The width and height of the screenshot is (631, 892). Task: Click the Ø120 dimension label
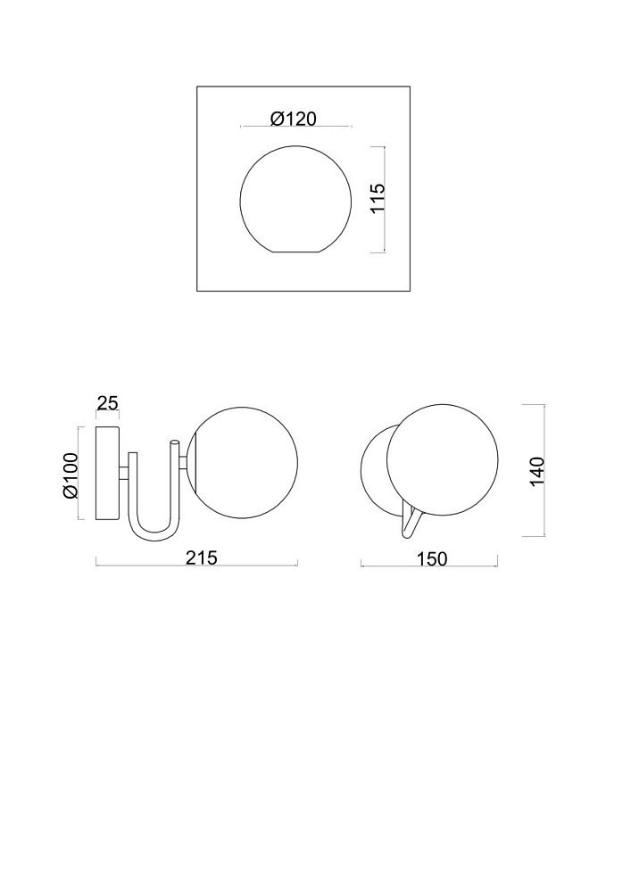click(x=293, y=119)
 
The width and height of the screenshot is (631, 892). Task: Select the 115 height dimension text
click(x=378, y=198)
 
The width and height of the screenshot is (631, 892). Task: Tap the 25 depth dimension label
click(x=107, y=403)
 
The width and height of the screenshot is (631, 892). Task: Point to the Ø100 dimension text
click(x=71, y=475)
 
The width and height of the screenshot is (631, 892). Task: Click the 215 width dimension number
click(x=202, y=558)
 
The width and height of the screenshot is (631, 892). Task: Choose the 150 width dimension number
click(x=433, y=559)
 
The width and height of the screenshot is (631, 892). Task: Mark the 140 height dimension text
click(x=536, y=472)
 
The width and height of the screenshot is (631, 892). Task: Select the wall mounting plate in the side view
click(x=107, y=473)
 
